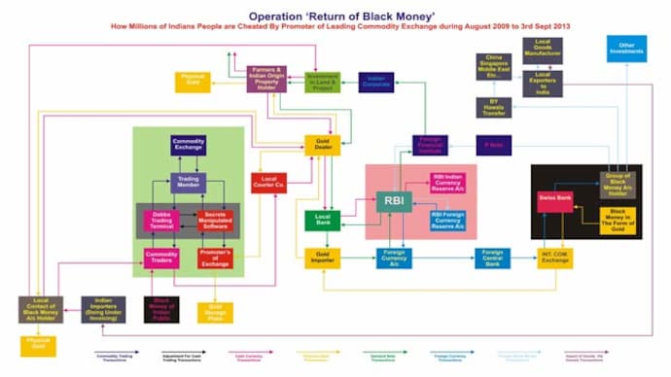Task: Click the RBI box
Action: click(394, 202)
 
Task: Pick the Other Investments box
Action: click(626, 48)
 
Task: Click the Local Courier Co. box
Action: click(267, 182)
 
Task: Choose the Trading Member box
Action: click(188, 183)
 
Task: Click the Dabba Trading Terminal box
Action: click(161, 221)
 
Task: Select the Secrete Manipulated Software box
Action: click(215, 221)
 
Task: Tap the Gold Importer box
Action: click(322, 257)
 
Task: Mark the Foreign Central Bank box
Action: click(492, 257)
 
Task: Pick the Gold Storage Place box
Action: click(215, 312)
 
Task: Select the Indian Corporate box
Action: click(375, 83)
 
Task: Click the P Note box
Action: click(493, 146)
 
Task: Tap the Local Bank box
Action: click(322, 221)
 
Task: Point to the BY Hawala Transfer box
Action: click(493, 107)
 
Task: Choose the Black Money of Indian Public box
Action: click(161, 309)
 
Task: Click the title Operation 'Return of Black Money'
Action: click(335, 17)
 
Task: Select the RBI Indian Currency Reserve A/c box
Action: click(447, 184)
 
